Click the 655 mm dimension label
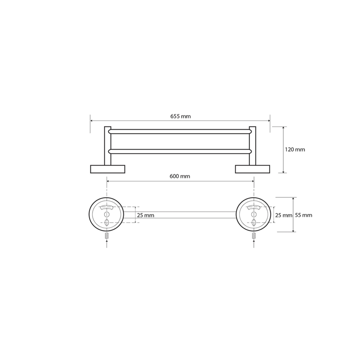coord(180,116)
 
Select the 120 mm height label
coord(295,149)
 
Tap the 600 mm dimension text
coord(180,176)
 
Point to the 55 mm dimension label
coord(304,215)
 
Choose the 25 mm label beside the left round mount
coord(146,215)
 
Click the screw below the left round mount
coord(107,236)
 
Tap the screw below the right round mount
coord(253,236)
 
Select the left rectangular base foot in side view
coord(107,169)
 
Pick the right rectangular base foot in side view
coord(253,169)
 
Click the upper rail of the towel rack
coord(180,131)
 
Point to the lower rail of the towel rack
coord(180,151)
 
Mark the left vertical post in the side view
coord(107,145)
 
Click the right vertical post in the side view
coord(253,145)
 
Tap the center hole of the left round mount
coord(107,214)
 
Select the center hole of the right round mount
coord(253,214)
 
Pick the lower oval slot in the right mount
coord(253,222)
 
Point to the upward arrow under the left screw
coord(107,244)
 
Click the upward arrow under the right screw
coord(253,244)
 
